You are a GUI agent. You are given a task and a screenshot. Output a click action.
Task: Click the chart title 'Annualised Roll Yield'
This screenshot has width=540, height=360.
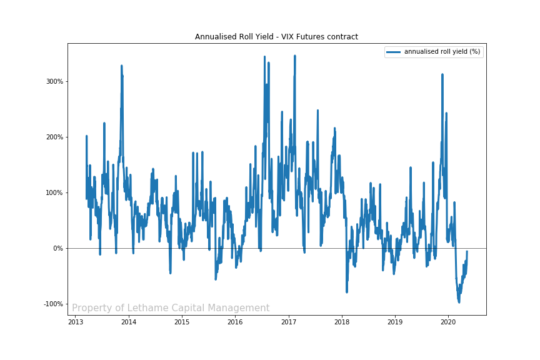coord(276,37)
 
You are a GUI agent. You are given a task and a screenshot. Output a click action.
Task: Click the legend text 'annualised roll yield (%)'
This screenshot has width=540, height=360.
coord(442,52)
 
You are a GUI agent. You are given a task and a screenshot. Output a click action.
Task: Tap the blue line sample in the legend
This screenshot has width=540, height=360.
coord(394,52)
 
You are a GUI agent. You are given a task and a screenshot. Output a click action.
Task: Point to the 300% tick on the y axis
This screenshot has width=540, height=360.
coord(54,81)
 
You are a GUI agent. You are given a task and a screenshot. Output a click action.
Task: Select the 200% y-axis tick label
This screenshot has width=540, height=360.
coord(54,137)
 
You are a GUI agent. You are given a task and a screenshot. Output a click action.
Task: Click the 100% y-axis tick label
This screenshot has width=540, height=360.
coord(54,192)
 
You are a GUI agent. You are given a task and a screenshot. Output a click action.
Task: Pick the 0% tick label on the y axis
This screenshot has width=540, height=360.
coord(57,248)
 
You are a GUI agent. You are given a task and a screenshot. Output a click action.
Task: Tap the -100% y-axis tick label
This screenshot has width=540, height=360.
coord(53,304)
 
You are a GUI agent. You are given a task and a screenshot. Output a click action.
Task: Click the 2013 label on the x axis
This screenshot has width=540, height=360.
coord(75,322)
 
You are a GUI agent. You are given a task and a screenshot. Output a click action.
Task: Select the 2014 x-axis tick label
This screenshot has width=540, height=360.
coord(128,322)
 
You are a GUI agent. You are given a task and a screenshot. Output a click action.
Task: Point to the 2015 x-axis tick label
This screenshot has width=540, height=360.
coord(182,322)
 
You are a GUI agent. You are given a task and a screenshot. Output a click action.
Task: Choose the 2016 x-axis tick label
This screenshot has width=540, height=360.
coord(235,322)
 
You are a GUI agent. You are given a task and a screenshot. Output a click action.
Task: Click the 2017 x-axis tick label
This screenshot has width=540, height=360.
coord(288,322)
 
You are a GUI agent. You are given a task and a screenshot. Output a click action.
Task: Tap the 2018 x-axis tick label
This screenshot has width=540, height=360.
coord(342,322)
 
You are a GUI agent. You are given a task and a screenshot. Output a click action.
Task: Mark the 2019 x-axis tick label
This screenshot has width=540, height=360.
coord(395,322)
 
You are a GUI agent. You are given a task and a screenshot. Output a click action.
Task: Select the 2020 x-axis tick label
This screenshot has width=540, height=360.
coord(448,322)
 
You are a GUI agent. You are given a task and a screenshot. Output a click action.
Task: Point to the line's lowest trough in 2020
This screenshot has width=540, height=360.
coord(459,302)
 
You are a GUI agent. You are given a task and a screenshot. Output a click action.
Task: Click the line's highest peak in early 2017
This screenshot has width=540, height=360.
coord(294,56)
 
